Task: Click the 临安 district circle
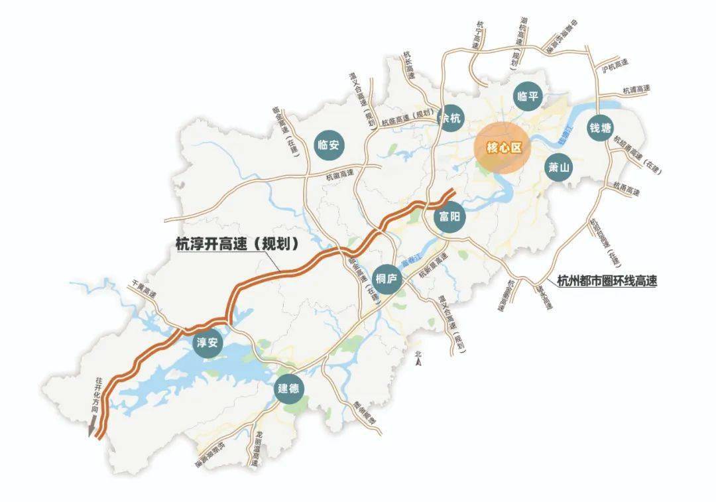pos(329,145)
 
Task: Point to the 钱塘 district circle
pos(601,129)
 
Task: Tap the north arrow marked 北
pos(418,358)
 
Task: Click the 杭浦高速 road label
pos(636,88)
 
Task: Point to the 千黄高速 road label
pos(144,288)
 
